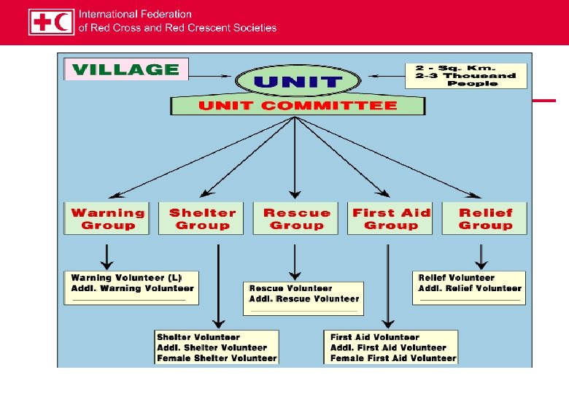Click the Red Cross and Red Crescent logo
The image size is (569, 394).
click(x=51, y=21)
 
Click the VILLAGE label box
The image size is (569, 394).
click(x=126, y=70)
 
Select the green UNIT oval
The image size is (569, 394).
click(x=298, y=81)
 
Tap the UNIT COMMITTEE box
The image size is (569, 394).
click(x=298, y=106)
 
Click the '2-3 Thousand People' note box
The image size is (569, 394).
click(x=466, y=75)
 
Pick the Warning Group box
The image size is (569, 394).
click(x=107, y=219)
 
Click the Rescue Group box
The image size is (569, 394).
click(x=296, y=219)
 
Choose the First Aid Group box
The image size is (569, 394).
click(x=390, y=219)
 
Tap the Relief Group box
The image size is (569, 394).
click(x=484, y=219)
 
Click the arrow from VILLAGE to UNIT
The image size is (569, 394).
click(x=212, y=75)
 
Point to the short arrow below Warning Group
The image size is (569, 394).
click(x=107, y=256)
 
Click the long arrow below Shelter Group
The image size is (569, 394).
click(x=217, y=285)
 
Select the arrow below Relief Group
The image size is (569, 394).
click(x=481, y=256)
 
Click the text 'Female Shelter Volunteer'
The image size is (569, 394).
click(x=217, y=358)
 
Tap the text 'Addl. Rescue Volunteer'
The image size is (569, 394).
click(x=304, y=298)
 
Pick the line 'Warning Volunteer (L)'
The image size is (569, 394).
click(x=125, y=278)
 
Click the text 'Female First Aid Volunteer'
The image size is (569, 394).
click(x=393, y=358)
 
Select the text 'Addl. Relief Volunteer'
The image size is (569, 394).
click(x=470, y=288)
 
